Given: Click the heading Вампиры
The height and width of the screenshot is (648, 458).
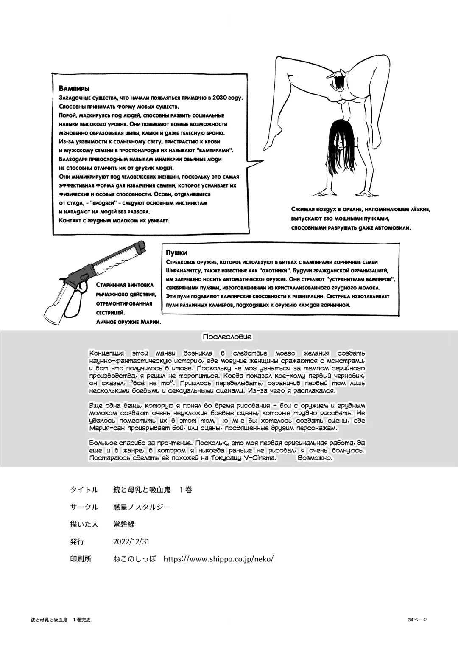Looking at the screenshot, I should click(x=74, y=89).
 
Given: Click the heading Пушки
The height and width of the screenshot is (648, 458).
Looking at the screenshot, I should click(x=176, y=253).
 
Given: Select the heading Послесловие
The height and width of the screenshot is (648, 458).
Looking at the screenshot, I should click(x=227, y=337).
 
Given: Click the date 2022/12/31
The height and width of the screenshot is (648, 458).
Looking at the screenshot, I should click(x=131, y=541).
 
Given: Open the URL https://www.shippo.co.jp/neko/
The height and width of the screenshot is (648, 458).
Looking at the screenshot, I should click(x=218, y=559).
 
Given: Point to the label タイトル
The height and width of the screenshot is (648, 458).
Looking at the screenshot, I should click(x=84, y=490).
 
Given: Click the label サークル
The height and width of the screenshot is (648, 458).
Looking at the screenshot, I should click(x=84, y=507).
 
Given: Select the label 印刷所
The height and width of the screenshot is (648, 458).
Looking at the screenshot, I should click(x=81, y=559).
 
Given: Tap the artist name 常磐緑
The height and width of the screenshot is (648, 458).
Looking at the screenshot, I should click(x=124, y=524).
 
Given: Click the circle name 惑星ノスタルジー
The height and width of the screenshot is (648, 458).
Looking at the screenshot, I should click(x=142, y=507).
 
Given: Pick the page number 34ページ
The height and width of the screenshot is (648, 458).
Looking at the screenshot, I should click(x=417, y=620).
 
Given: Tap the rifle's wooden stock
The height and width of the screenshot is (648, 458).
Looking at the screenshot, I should click(x=55, y=301).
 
